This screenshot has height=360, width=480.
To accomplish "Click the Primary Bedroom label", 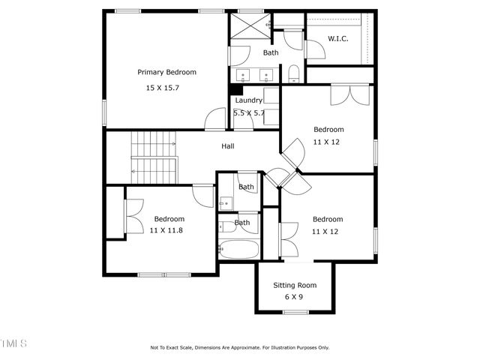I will pos(166,72).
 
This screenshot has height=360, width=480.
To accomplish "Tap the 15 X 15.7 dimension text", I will pos(162,88).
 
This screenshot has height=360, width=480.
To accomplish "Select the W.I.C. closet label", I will pos(338,38).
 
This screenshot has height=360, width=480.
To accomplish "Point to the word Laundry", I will pos(248,100).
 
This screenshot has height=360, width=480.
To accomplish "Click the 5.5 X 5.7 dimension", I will pos(248,112).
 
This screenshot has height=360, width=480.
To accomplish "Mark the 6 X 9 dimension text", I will pos(294,297).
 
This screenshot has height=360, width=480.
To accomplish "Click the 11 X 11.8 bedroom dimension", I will pos(166,230).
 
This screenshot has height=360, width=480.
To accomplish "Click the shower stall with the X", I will pos(249,26).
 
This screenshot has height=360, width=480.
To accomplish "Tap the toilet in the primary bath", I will pos(293,73).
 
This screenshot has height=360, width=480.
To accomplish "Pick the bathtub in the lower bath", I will pos(239,250).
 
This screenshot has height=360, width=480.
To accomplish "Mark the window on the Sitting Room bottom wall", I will pos(295,311).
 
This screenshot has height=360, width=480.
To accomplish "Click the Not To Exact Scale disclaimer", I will pos(239,347).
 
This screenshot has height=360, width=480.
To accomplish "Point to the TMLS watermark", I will pos(13,343).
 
